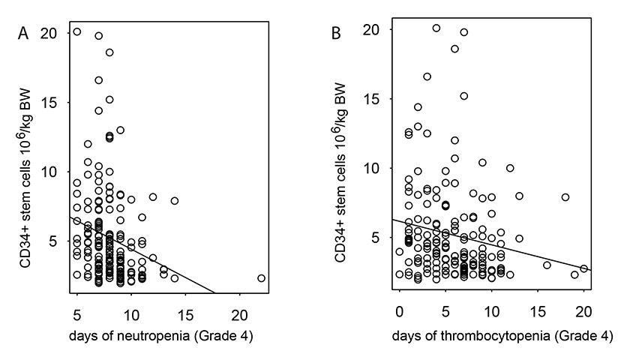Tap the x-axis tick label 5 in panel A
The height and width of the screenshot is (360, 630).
click(x=76, y=311)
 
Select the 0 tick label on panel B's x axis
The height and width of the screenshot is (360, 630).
click(x=399, y=311)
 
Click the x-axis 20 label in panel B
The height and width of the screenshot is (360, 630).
click(x=584, y=311)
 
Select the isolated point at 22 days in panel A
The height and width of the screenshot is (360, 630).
click(x=261, y=278)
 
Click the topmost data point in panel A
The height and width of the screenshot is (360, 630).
click(x=77, y=32)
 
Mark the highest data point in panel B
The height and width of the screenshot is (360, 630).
click(x=436, y=28)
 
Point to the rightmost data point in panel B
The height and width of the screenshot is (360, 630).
click(x=584, y=268)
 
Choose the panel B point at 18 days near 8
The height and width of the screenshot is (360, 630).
click(x=565, y=197)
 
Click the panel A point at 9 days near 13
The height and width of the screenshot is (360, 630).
click(x=120, y=130)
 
